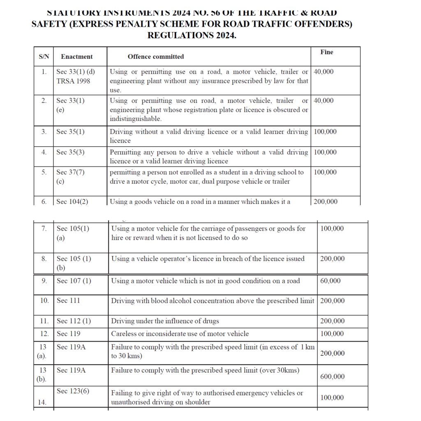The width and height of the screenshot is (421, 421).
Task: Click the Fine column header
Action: tap(327, 52)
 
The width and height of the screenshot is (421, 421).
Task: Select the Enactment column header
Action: tap(76, 57)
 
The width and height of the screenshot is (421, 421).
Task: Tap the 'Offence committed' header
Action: tap(155, 57)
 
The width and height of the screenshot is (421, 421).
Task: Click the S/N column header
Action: tap(44, 57)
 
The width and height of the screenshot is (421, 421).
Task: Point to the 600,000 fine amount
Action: tap(332, 377)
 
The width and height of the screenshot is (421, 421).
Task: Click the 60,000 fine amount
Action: tap(330, 281)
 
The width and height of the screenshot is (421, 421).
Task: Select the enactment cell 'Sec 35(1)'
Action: tap(70, 132)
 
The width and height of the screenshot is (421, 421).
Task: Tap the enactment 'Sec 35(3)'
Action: tap(70, 152)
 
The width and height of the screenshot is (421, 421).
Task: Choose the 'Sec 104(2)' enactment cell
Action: tap(72, 201)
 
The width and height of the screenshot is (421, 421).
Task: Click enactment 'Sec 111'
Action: tap(68, 301)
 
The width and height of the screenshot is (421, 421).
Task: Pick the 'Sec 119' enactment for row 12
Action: tap(69, 333)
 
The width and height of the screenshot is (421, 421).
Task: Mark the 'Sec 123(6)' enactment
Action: tap(73, 391)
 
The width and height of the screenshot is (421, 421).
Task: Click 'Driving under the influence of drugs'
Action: tap(165, 321)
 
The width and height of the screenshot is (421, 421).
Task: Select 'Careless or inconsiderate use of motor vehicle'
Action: tap(180, 333)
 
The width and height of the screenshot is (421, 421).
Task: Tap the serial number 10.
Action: tap(44, 301)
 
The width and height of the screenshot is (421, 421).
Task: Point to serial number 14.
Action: tap(42, 402)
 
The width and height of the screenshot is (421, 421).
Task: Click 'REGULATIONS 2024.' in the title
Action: tap(192, 35)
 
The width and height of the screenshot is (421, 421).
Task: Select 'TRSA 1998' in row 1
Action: tap(73, 81)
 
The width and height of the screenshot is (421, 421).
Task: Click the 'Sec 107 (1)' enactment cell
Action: tap(74, 281)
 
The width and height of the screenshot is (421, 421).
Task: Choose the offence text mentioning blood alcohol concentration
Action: tap(213, 301)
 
